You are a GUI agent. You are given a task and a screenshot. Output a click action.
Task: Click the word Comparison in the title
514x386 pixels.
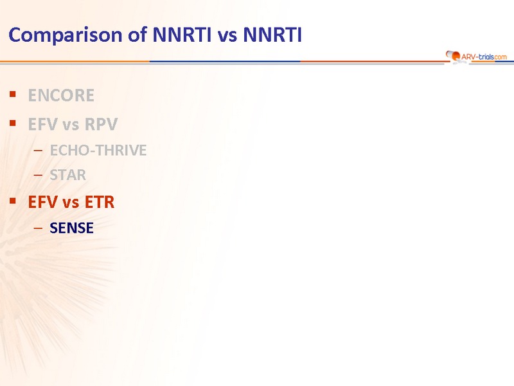pos(66,35)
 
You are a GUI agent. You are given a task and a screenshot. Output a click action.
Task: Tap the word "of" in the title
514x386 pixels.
pos(137,35)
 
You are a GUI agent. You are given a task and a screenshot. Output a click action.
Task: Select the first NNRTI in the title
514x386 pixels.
pos(182,35)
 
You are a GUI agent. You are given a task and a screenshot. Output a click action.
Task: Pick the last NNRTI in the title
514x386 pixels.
pos(272,35)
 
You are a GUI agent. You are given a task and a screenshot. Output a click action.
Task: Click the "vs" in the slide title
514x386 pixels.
pos(227,37)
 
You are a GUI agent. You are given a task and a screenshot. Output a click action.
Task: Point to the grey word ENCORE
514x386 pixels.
pos(61,95)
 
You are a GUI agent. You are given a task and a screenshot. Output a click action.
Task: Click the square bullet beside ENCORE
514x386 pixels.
pos(13,95)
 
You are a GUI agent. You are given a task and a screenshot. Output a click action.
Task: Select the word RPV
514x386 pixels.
pos(101,124)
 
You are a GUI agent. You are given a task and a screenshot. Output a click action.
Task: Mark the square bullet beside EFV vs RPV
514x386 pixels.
pos(13,123)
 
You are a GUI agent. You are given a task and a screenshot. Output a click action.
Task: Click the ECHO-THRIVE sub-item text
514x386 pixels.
pos(98,151)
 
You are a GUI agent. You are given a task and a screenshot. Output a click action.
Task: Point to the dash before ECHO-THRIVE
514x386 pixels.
pos(38,151)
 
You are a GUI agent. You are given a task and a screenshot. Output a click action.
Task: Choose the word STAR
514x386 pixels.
pos(68,175)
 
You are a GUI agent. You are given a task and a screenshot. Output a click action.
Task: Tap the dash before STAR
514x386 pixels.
pos(38,175)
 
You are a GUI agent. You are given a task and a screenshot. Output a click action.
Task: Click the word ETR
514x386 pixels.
pos(100,202)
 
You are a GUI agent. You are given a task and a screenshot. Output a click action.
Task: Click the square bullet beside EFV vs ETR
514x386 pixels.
pos(13,201)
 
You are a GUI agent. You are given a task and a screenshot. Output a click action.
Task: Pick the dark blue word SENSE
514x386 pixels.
pos(71,228)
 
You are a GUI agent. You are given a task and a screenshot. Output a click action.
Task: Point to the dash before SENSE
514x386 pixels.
pos(38,228)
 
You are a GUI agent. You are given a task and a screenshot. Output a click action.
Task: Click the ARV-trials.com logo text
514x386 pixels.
pos(484,57)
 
